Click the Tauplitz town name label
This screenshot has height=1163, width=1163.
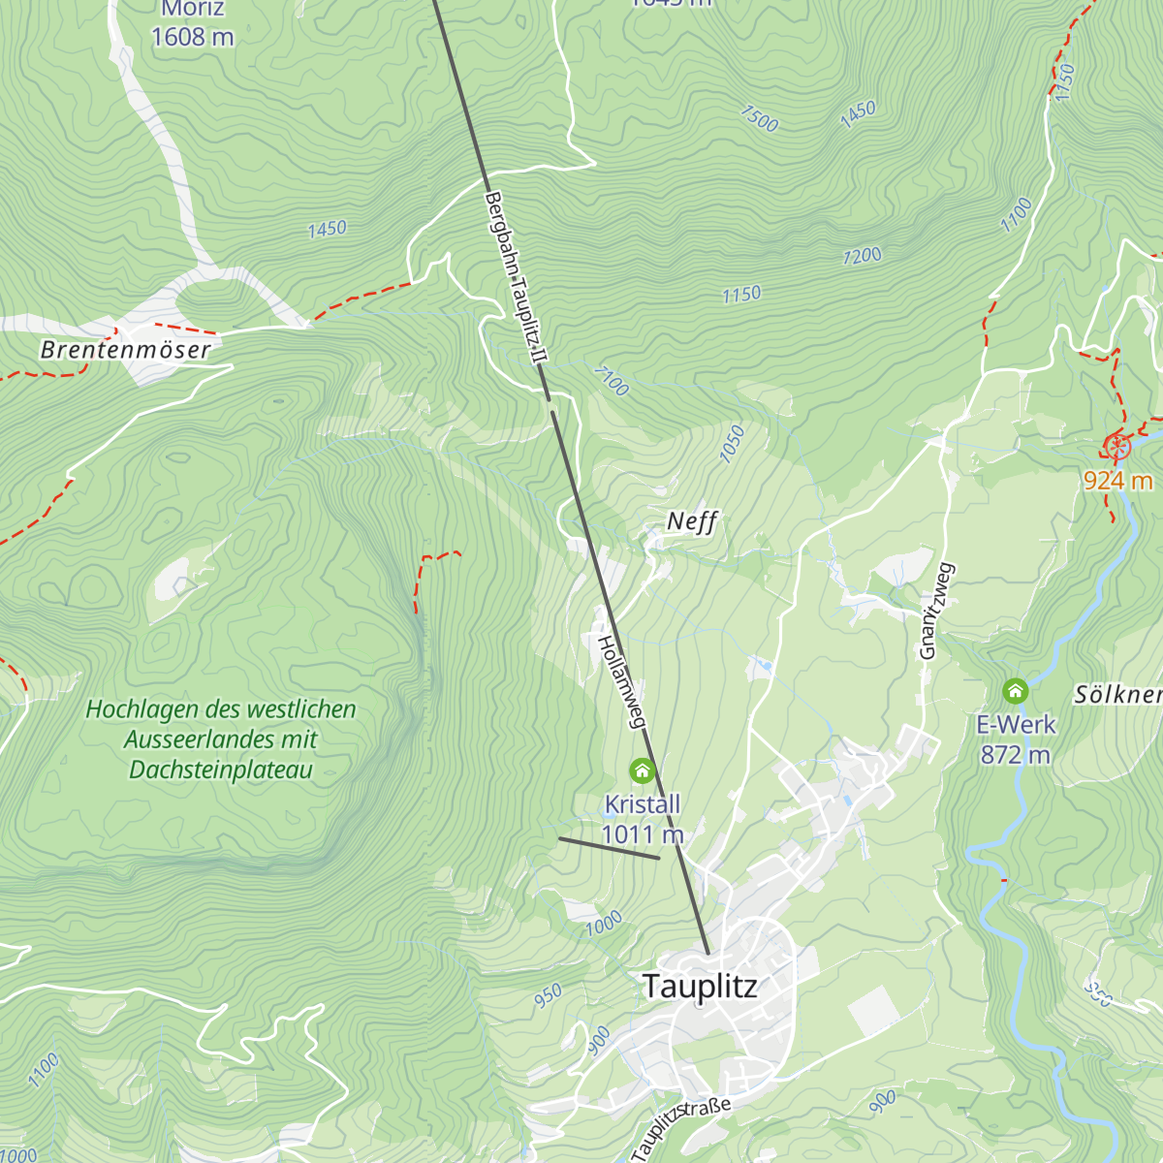(x=700, y=987)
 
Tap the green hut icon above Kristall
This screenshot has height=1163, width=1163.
(x=642, y=770)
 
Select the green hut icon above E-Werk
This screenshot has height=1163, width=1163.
(x=1015, y=691)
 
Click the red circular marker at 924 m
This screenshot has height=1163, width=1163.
(x=1117, y=447)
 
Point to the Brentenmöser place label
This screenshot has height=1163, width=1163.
(x=125, y=350)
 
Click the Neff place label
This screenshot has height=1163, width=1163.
(x=692, y=521)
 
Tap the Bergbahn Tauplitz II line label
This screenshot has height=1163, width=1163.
(x=517, y=278)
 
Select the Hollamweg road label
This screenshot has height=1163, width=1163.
(x=621, y=681)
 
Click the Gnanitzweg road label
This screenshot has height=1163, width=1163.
(x=936, y=612)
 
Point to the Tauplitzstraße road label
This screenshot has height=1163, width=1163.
(x=680, y=1127)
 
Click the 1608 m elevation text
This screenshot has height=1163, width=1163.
(x=192, y=37)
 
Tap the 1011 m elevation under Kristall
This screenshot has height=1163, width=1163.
(x=643, y=834)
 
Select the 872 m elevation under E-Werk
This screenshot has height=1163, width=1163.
(x=1015, y=754)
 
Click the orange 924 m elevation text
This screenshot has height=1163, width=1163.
(x=1117, y=480)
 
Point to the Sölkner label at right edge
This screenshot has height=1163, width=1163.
(x=1117, y=694)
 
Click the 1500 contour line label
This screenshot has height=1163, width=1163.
(x=759, y=118)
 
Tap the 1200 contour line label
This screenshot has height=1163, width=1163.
(x=862, y=256)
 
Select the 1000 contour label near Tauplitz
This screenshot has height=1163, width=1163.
(x=603, y=924)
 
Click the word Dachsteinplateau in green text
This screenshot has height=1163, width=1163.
(x=221, y=770)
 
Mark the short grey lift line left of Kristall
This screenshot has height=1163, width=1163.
(x=609, y=848)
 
